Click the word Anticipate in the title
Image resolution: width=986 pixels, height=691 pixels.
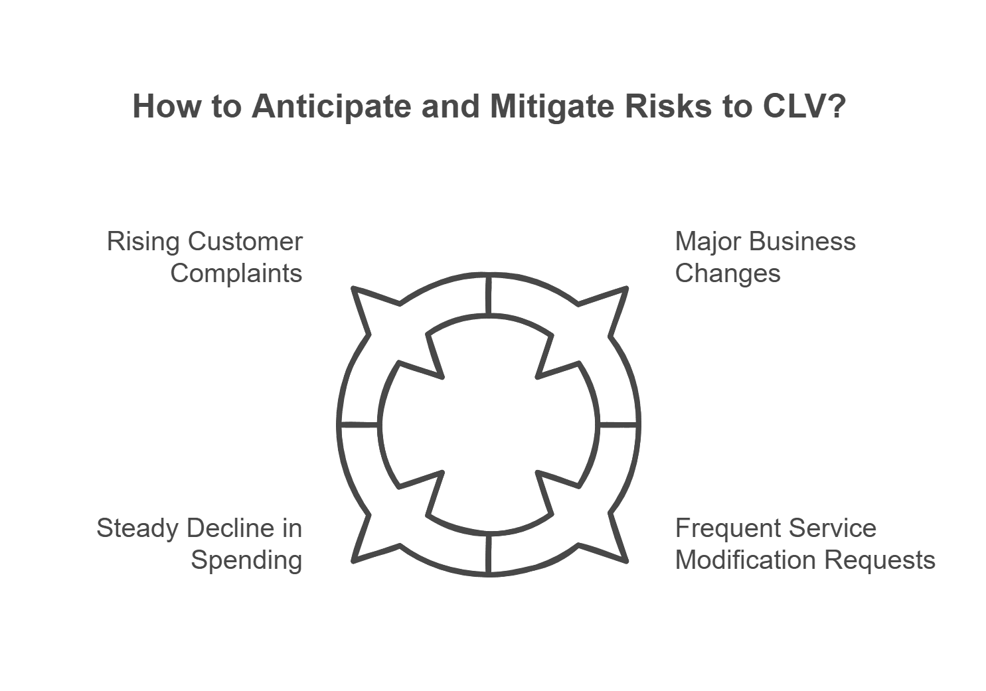click(331, 107)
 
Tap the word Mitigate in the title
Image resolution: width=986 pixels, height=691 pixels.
click(552, 107)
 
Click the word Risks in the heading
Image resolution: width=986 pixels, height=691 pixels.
click(668, 106)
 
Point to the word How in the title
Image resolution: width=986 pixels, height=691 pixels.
click(167, 106)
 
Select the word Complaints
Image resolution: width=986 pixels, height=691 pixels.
click(236, 274)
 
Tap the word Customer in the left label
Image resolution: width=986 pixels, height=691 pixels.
click(245, 242)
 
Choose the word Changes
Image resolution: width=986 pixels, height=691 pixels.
click(728, 274)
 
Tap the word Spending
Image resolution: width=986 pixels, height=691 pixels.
click(246, 561)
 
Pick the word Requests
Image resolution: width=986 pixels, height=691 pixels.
click(880, 561)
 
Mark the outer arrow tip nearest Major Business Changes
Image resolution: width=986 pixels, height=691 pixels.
click(626, 288)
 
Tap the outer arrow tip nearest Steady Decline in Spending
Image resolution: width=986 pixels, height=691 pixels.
click(353, 562)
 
